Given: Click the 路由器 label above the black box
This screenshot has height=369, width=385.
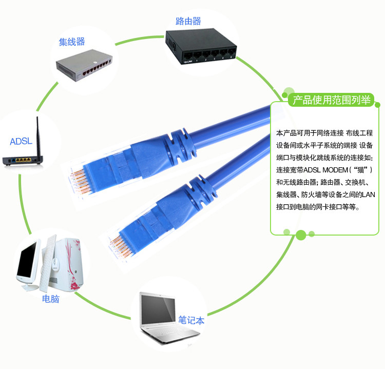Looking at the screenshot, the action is click(188, 21).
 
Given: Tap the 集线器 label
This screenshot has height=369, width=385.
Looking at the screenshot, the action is click(72, 42).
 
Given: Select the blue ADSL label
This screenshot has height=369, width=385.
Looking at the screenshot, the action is click(21, 141).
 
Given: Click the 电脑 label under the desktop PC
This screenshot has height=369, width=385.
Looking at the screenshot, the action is click(51, 299).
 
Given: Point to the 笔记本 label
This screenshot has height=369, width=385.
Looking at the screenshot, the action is click(191, 320).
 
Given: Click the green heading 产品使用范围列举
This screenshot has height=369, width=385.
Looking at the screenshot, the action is click(332, 100).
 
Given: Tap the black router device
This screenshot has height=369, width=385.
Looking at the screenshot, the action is click(201, 46).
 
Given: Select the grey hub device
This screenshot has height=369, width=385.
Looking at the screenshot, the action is click(84, 65).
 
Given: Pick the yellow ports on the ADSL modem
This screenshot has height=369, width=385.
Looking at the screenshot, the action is click(23, 160).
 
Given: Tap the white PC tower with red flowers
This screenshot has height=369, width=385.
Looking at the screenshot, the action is click(66, 264).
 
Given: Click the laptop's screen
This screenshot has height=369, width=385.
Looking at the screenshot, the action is click(158, 309).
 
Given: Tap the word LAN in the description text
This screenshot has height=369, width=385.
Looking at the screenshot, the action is click(368, 195).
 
